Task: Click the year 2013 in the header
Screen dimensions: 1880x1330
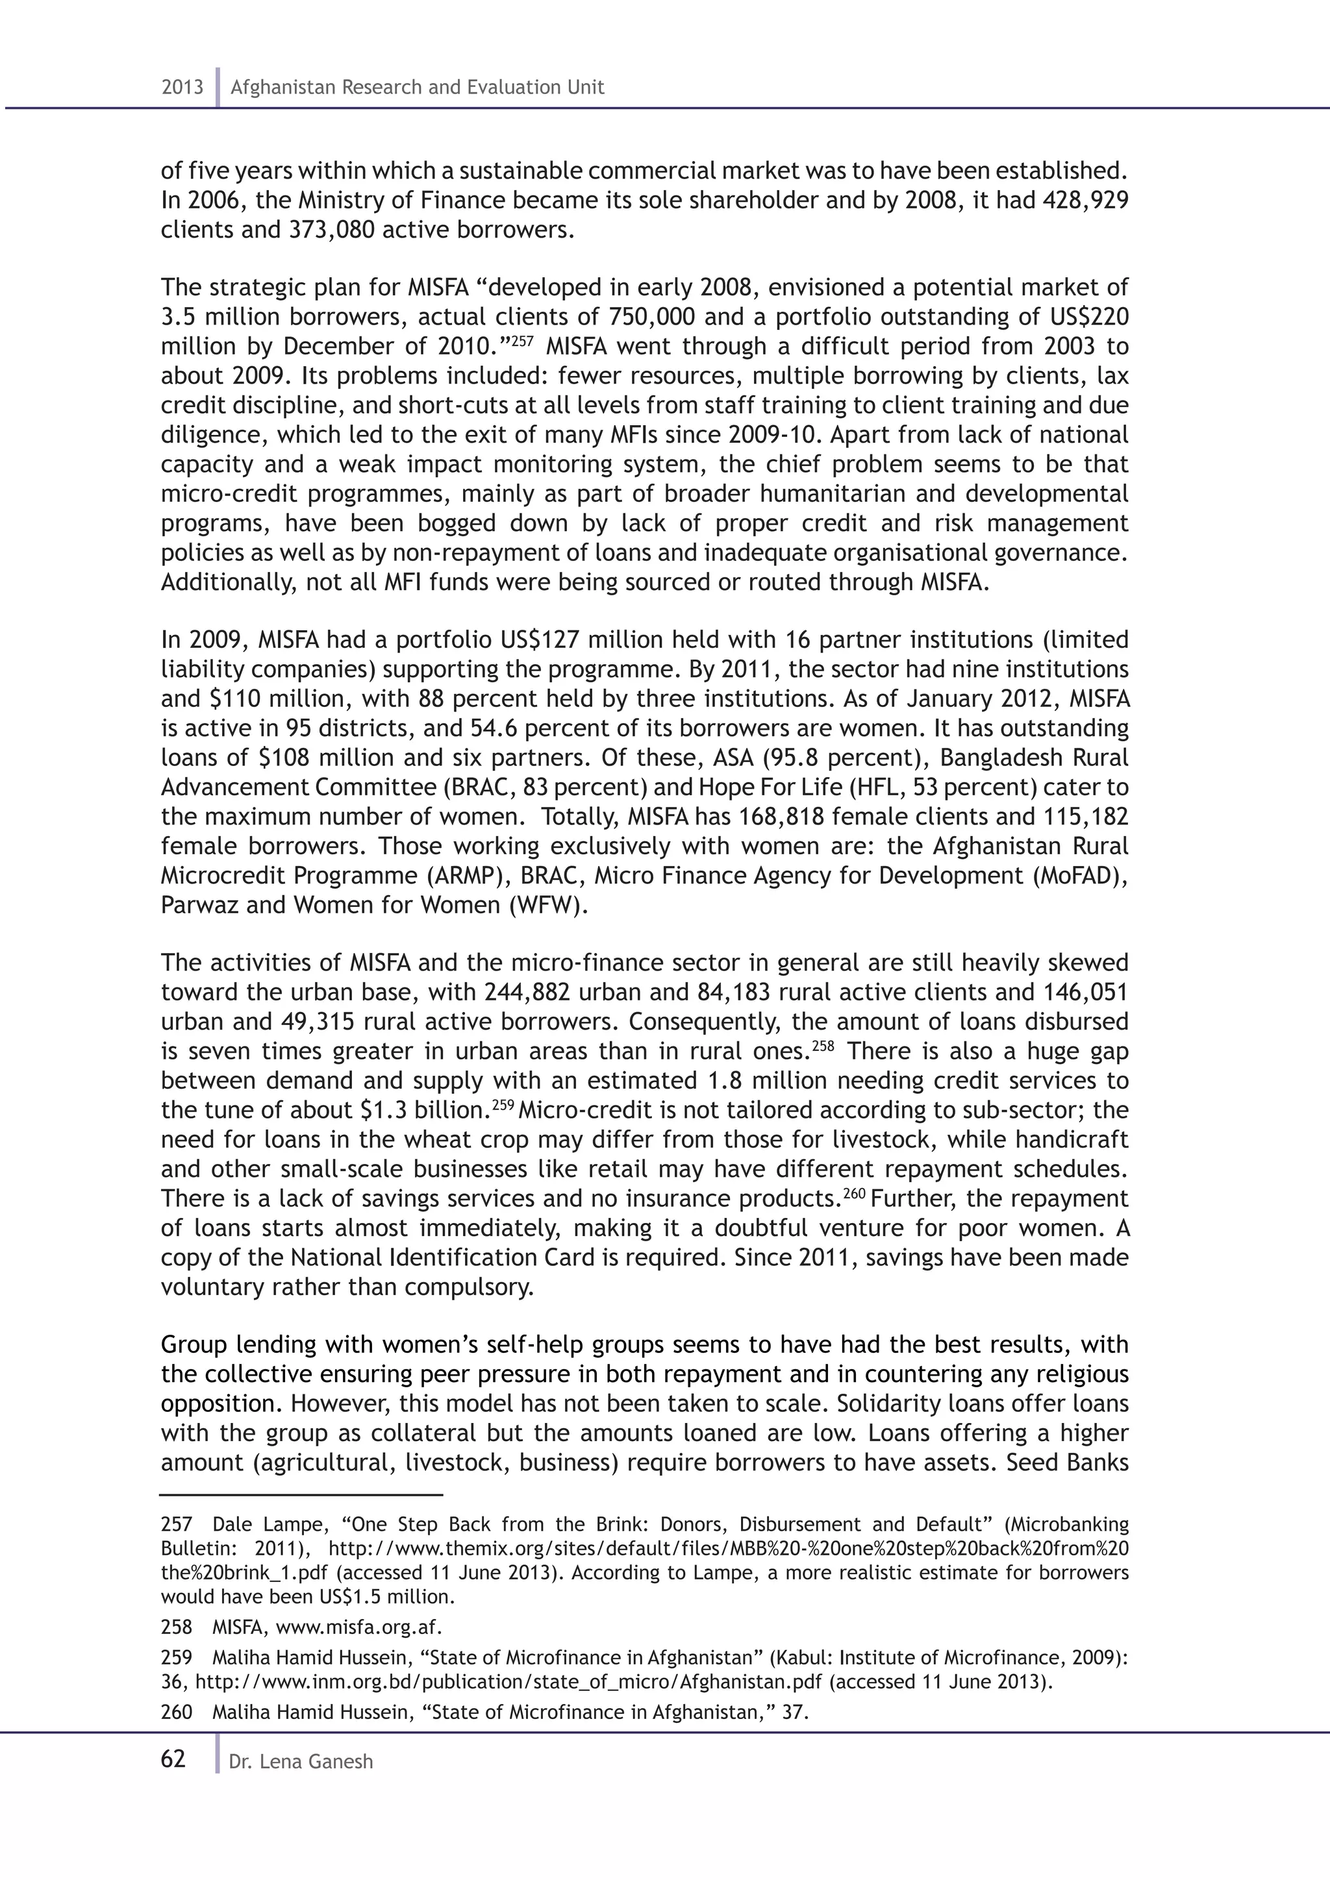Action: [x=182, y=88]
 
